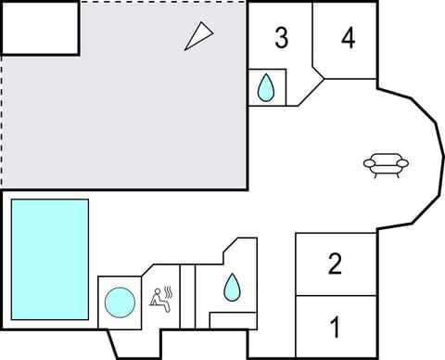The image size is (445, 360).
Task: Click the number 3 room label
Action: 281,38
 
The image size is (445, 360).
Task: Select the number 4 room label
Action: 348,38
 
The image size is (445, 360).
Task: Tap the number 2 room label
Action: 336,264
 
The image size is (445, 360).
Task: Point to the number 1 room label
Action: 336,328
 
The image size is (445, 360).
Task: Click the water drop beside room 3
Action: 266,87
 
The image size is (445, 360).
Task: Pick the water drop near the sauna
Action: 231,288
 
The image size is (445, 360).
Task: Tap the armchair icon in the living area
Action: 386,166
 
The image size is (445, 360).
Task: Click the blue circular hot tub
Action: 119,302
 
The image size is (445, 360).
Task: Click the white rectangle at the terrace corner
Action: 40,26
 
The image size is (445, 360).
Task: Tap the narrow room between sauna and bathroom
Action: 187,297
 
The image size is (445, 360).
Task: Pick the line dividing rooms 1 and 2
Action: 336,296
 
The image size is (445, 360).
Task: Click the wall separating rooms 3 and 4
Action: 312,37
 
